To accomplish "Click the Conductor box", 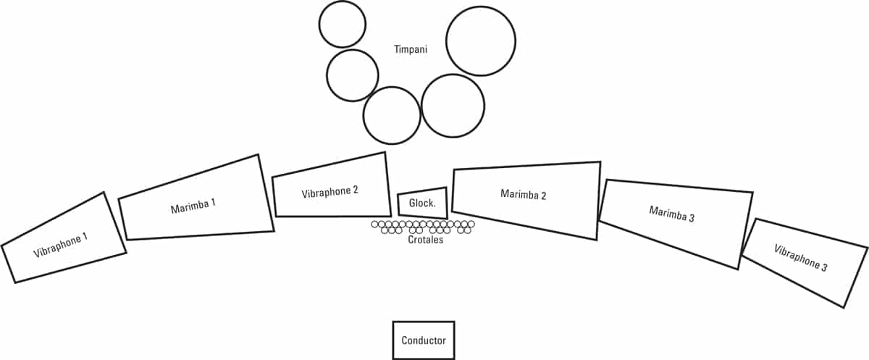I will click(424, 340).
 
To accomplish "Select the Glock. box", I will click(422, 203).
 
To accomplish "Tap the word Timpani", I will click(411, 50).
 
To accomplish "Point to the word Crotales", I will click(425, 240).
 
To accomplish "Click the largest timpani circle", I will click(481, 41).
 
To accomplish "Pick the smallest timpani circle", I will click(343, 24).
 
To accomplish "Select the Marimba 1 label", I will click(193, 206).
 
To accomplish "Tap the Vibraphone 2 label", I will click(330, 193).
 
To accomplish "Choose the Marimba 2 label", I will click(523, 195).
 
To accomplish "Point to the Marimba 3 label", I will click(672, 213).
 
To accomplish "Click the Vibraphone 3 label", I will click(800, 259).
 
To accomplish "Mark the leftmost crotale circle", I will click(375, 225).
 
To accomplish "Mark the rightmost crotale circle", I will click(471, 225).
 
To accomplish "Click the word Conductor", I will click(424, 340).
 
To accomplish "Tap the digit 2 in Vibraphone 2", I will click(356, 191).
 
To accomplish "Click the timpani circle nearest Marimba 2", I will click(453, 106).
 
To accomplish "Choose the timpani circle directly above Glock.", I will click(392, 115).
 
